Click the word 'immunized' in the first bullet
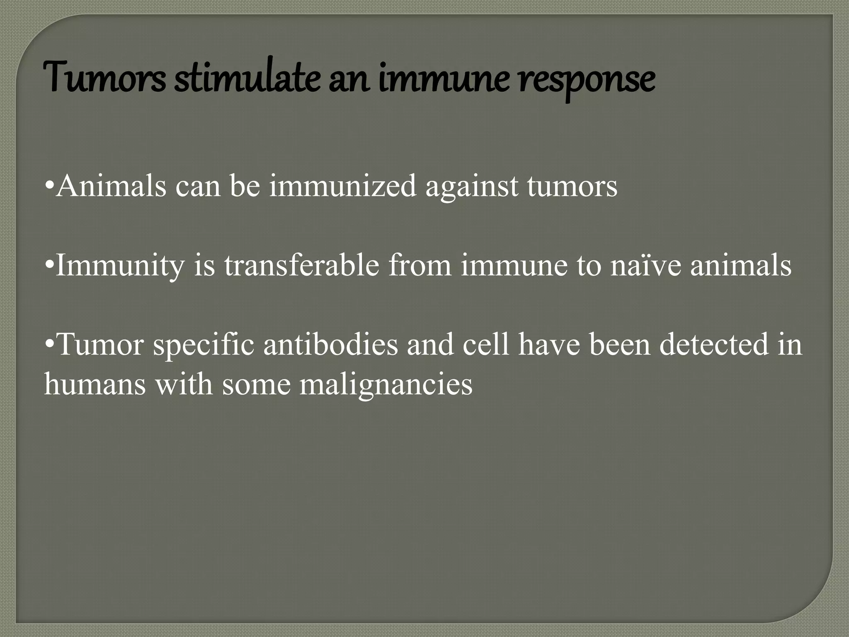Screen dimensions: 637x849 (342, 186)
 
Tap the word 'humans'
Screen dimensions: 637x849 (95, 384)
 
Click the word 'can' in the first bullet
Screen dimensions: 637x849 (198, 186)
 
